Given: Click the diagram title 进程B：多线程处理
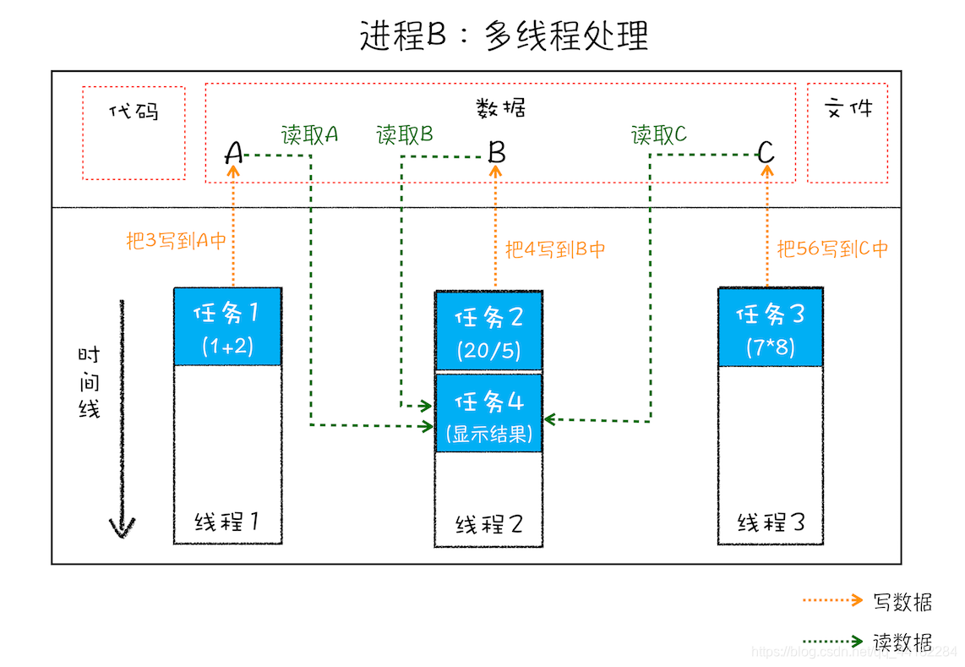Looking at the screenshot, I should tap(504, 36).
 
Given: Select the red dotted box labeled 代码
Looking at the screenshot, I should tap(134, 132).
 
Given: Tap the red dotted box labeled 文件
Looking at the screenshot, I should tap(848, 133).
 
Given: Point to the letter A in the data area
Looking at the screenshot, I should tap(234, 153).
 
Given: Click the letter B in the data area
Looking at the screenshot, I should tap(497, 152).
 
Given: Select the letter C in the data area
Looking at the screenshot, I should tap(766, 152).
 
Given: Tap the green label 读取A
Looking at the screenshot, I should tap(309, 134).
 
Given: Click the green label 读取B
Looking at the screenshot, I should tap(405, 134).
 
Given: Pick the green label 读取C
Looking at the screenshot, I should tap(659, 134).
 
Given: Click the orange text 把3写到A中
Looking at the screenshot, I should tap(177, 240).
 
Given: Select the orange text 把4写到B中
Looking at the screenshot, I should tap(555, 249).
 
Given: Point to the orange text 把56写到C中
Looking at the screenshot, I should tap(832, 249).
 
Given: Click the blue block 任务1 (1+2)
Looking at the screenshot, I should tap(227, 327).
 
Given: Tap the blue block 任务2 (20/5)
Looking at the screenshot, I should tap(488, 331).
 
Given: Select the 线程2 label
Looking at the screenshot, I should tap(489, 524).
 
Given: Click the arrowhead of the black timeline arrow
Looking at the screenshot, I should tap(123, 528).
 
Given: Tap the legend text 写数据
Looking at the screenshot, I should tap(902, 602).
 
